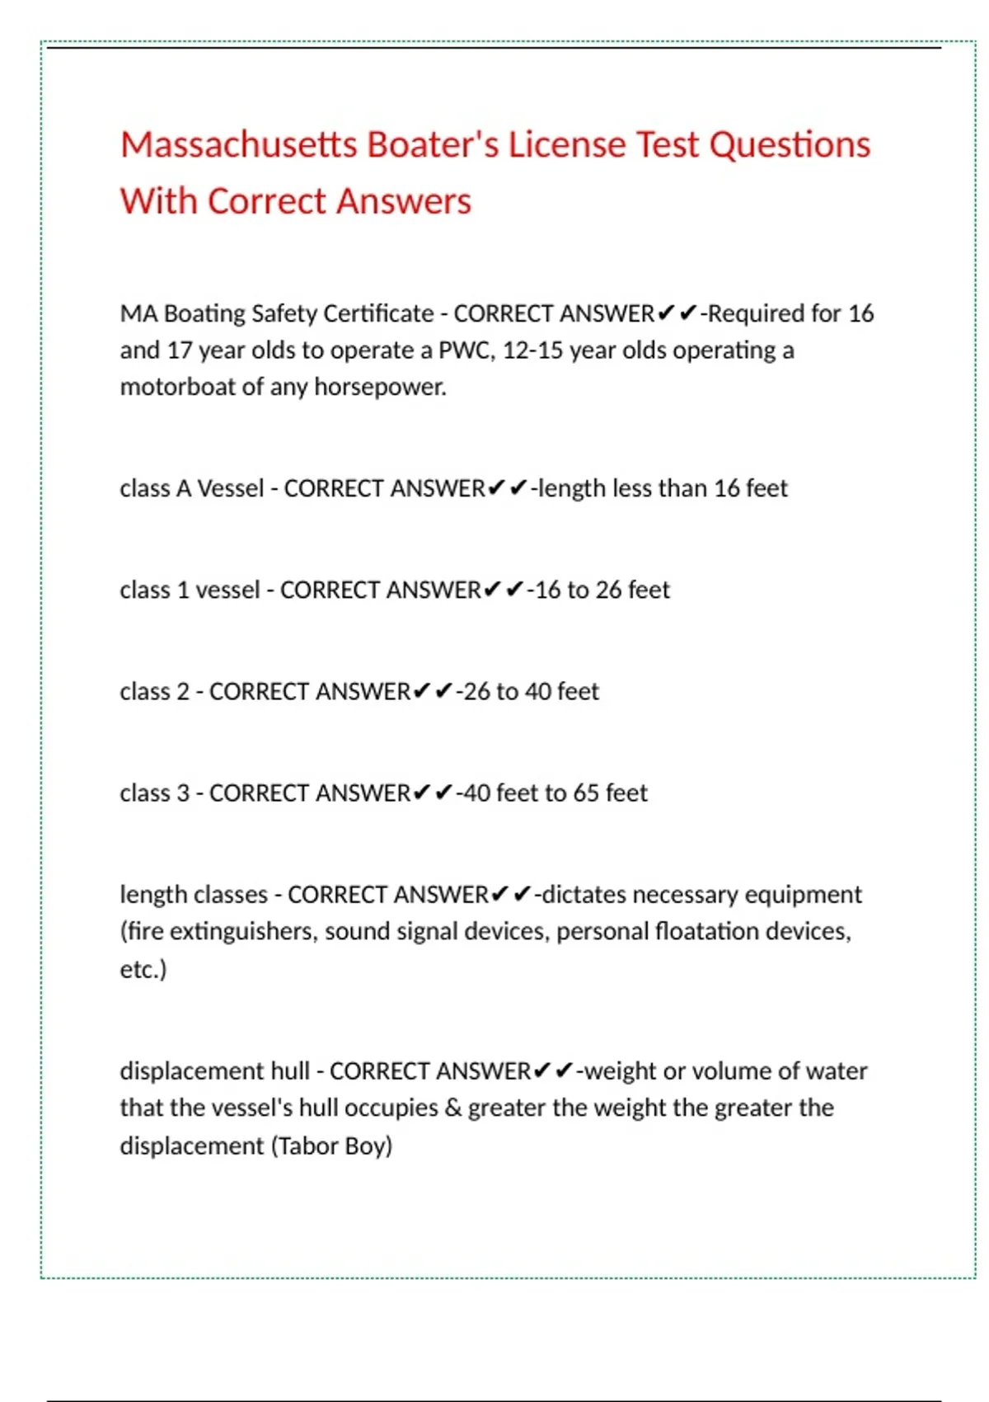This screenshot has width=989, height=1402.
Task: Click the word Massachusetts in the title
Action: pyautogui.click(x=239, y=145)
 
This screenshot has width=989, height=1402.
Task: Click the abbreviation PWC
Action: pyautogui.click(x=466, y=350)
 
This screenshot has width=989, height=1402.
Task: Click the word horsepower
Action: pyautogui.click(x=380, y=387)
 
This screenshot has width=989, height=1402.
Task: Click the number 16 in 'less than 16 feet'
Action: pyautogui.click(x=726, y=488)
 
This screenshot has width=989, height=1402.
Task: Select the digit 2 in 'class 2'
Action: pyautogui.click(x=183, y=692)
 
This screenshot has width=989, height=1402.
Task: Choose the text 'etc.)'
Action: pyautogui.click(x=143, y=969)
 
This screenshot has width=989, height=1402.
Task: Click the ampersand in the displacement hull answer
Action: pyautogui.click(x=452, y=1108)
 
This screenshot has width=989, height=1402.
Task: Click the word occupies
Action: pyautogui.click(x=391, y=1108)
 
